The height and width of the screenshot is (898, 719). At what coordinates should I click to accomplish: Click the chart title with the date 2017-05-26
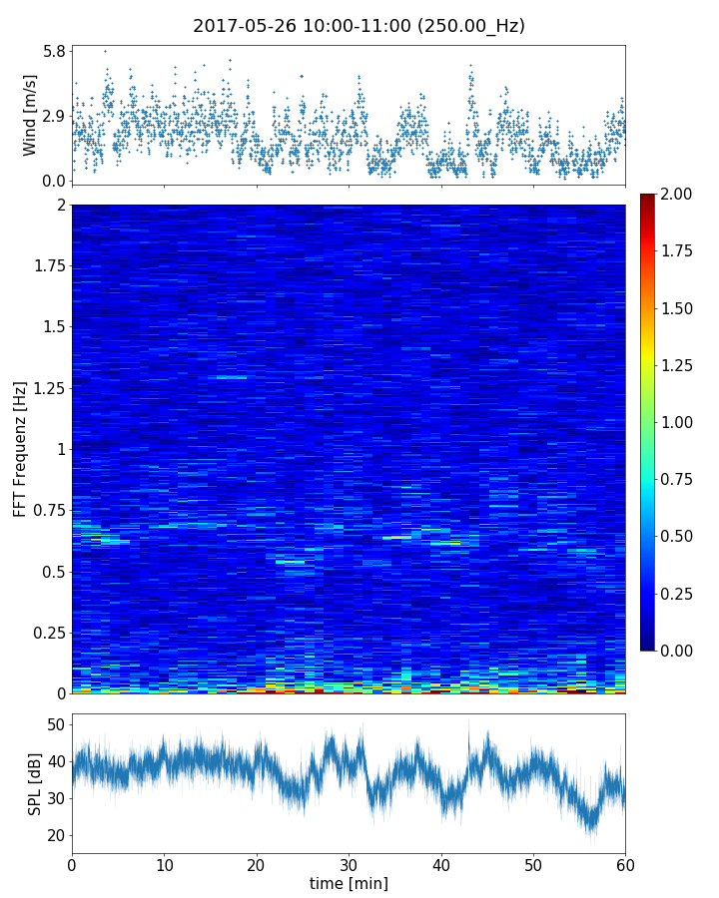(x=359, y=26)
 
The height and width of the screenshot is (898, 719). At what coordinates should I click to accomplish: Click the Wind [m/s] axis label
(x=30, y=115)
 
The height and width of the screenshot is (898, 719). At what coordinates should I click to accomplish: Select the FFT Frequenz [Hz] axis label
(x=20, y=449)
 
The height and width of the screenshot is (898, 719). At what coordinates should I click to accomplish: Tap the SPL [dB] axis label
(x=35, y=784)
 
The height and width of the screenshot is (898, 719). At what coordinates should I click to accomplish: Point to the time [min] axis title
(x=349, y=883)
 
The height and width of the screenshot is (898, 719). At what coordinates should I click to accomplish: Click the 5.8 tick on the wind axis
(x=54, y=50)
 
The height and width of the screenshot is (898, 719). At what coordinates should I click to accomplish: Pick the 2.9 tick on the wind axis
(x=54, y=116)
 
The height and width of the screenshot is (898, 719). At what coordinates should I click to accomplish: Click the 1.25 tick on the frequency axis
(x=47, y=387)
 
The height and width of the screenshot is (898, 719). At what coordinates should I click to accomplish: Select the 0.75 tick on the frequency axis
(x=47, y=510)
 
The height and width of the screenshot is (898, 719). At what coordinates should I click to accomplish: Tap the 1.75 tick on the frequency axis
(x=47, y=265)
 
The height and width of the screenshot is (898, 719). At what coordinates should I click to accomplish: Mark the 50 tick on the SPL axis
(x=55, y=724)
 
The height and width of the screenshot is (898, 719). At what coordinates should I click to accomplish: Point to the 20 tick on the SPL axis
(x=55, y=835)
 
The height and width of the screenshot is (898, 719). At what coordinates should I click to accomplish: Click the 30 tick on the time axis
(x=349, y=863)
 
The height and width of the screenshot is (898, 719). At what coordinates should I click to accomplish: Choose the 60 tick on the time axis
(x=625, y=863)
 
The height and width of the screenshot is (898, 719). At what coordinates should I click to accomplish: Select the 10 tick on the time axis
(x=164, y=863)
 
